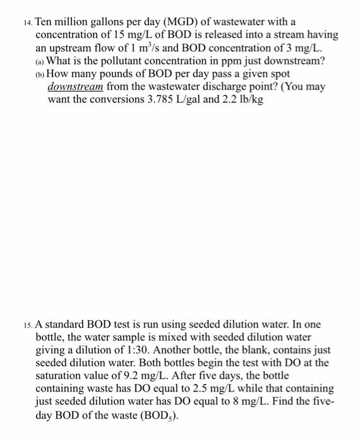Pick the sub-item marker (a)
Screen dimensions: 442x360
(40, 61)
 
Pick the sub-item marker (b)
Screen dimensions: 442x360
(40, 74)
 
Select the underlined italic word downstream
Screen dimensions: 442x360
(75, 87)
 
